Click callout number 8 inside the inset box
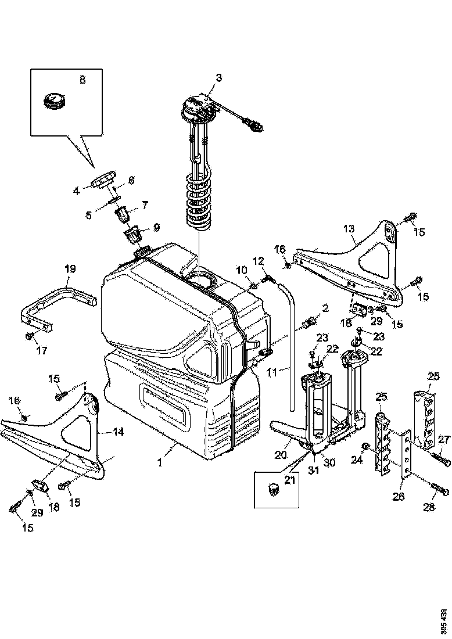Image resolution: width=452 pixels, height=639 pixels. (x=82, y=80)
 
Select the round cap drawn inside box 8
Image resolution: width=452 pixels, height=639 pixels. (x=56, y=100)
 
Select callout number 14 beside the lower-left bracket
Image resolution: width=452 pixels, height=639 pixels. (x=119, y=432)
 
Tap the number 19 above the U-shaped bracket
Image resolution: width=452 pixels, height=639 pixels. (x=70, y=268)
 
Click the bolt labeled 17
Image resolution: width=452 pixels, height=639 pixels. (x=28, y=336)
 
